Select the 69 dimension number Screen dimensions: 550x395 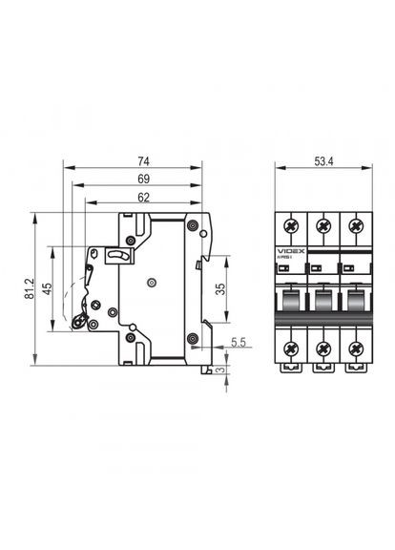144,178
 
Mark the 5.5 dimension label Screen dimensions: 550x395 238,341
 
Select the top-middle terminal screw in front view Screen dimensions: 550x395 322,225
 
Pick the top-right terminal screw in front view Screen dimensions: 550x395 355,225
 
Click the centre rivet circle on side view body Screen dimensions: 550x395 151,283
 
